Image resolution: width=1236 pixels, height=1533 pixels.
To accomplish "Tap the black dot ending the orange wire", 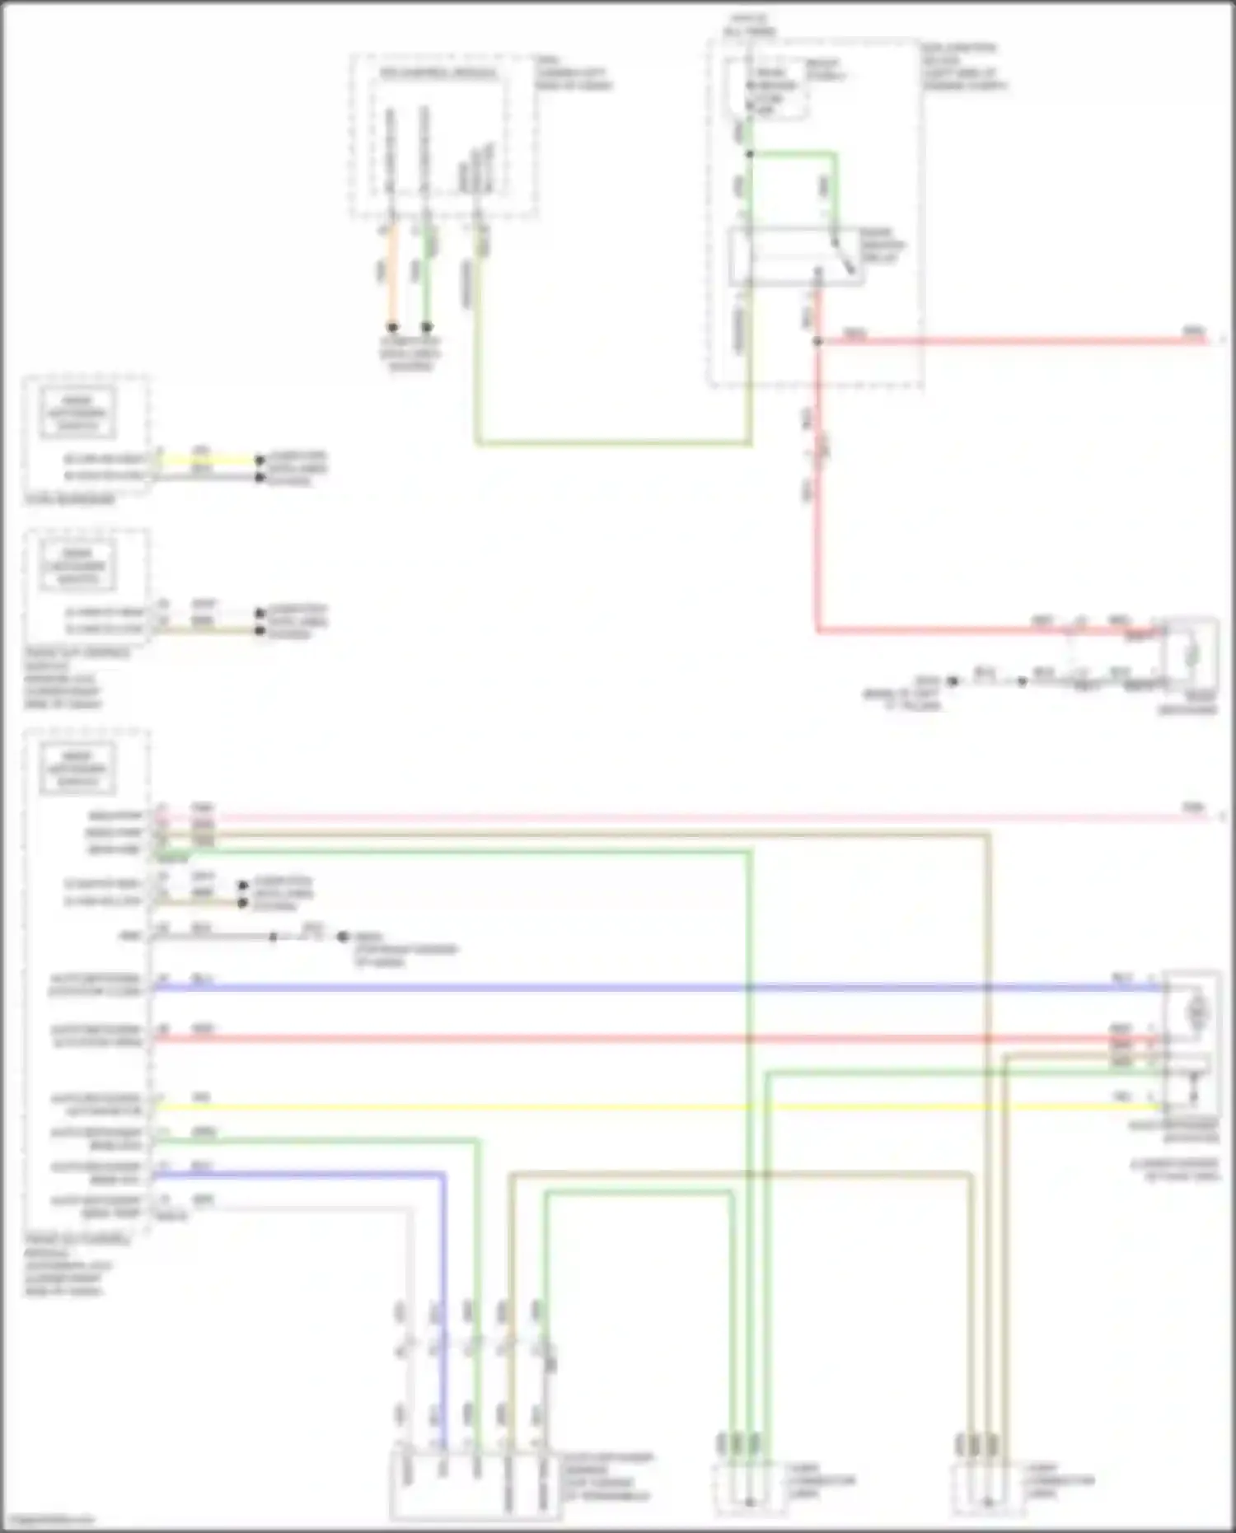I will tap(393, 327).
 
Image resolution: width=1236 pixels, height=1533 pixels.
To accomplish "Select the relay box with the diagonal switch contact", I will tap(796, 256).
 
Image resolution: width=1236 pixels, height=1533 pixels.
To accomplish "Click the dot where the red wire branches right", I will tap(817, 340).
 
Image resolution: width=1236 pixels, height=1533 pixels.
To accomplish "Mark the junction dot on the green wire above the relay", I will tap(749, 154).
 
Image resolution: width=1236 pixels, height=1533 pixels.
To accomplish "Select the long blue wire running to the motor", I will tap(659, 987).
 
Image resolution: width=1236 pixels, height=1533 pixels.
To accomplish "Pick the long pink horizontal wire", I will tap(659, 818).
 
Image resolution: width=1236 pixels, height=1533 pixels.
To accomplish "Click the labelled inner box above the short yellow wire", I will tap(77, 414).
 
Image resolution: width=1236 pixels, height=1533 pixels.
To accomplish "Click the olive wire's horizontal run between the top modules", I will tap(614, 444).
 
